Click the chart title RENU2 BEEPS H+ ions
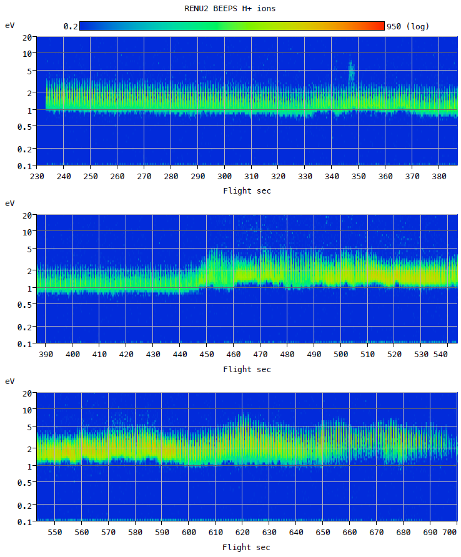coord(230,9)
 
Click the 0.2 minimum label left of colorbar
coord(70,26)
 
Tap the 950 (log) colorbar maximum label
coord(408,26)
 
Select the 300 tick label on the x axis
coord(224,177)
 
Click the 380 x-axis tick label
coord(439,177)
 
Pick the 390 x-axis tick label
coord(46,355)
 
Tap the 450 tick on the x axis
coord(206,355)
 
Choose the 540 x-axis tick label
coord(447,355)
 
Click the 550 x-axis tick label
coord(55,533)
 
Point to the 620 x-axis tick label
coord(242,533)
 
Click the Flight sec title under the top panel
coord(247,190)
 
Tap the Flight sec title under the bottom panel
coord(247,547)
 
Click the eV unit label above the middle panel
coord(10,204)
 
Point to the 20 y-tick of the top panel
coord(27,37)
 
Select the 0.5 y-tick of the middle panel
coord(25,304)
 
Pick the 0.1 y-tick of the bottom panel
coord(25,521)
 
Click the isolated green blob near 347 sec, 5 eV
coord(351,72)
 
